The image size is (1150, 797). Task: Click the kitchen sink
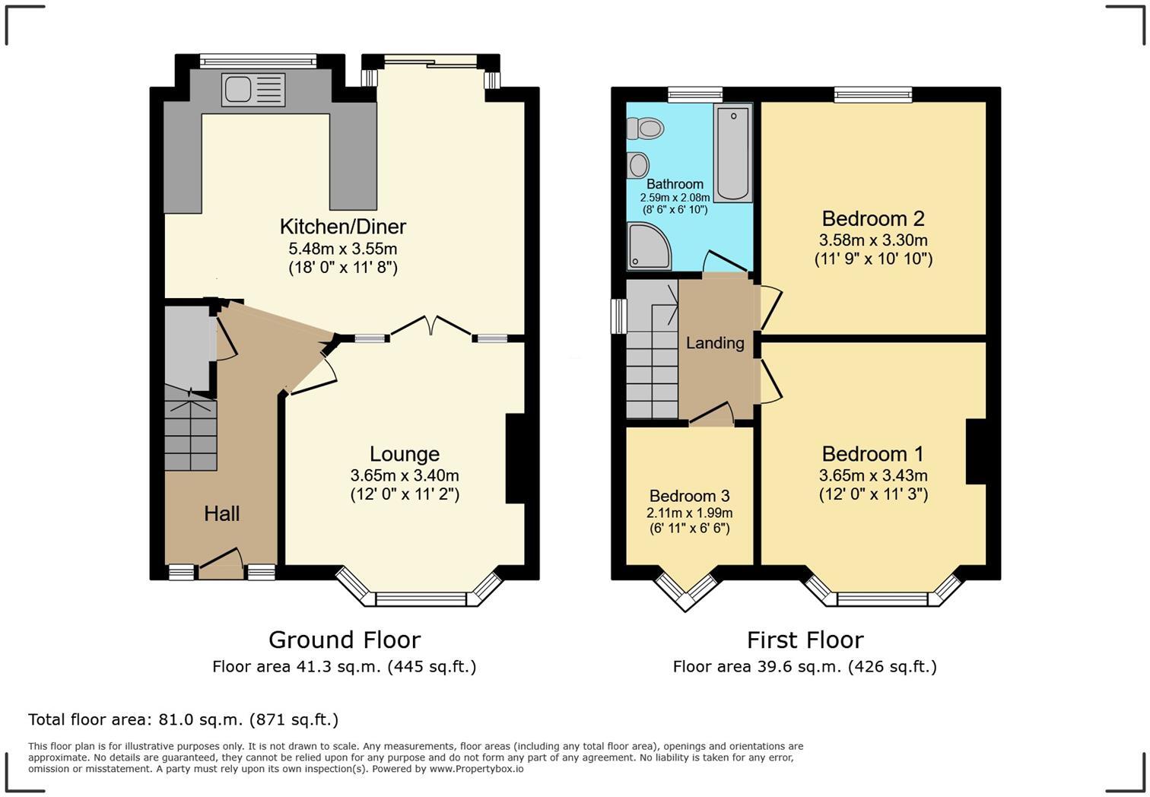click(253, 90)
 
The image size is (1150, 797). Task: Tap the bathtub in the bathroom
click(732, 153)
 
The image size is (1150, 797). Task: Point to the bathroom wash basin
click(638, 164)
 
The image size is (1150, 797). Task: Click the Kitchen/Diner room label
click(343, 227)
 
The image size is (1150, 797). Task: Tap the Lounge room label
click(405, 454)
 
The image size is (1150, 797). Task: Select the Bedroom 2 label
click(873, 219)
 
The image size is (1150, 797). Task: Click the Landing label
click(715, 343)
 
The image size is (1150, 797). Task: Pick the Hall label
click(222, 514)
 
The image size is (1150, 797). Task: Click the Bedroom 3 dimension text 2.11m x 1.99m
click(689, 513)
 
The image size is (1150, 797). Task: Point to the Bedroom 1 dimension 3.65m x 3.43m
click(873, 475)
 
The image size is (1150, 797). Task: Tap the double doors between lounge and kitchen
click(431, 327)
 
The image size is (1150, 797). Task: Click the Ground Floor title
click(344, 640)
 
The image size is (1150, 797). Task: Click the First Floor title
click(805, 640)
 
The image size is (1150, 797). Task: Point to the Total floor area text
click(183, 719)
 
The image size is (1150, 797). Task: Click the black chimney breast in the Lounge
click(516, 459)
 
